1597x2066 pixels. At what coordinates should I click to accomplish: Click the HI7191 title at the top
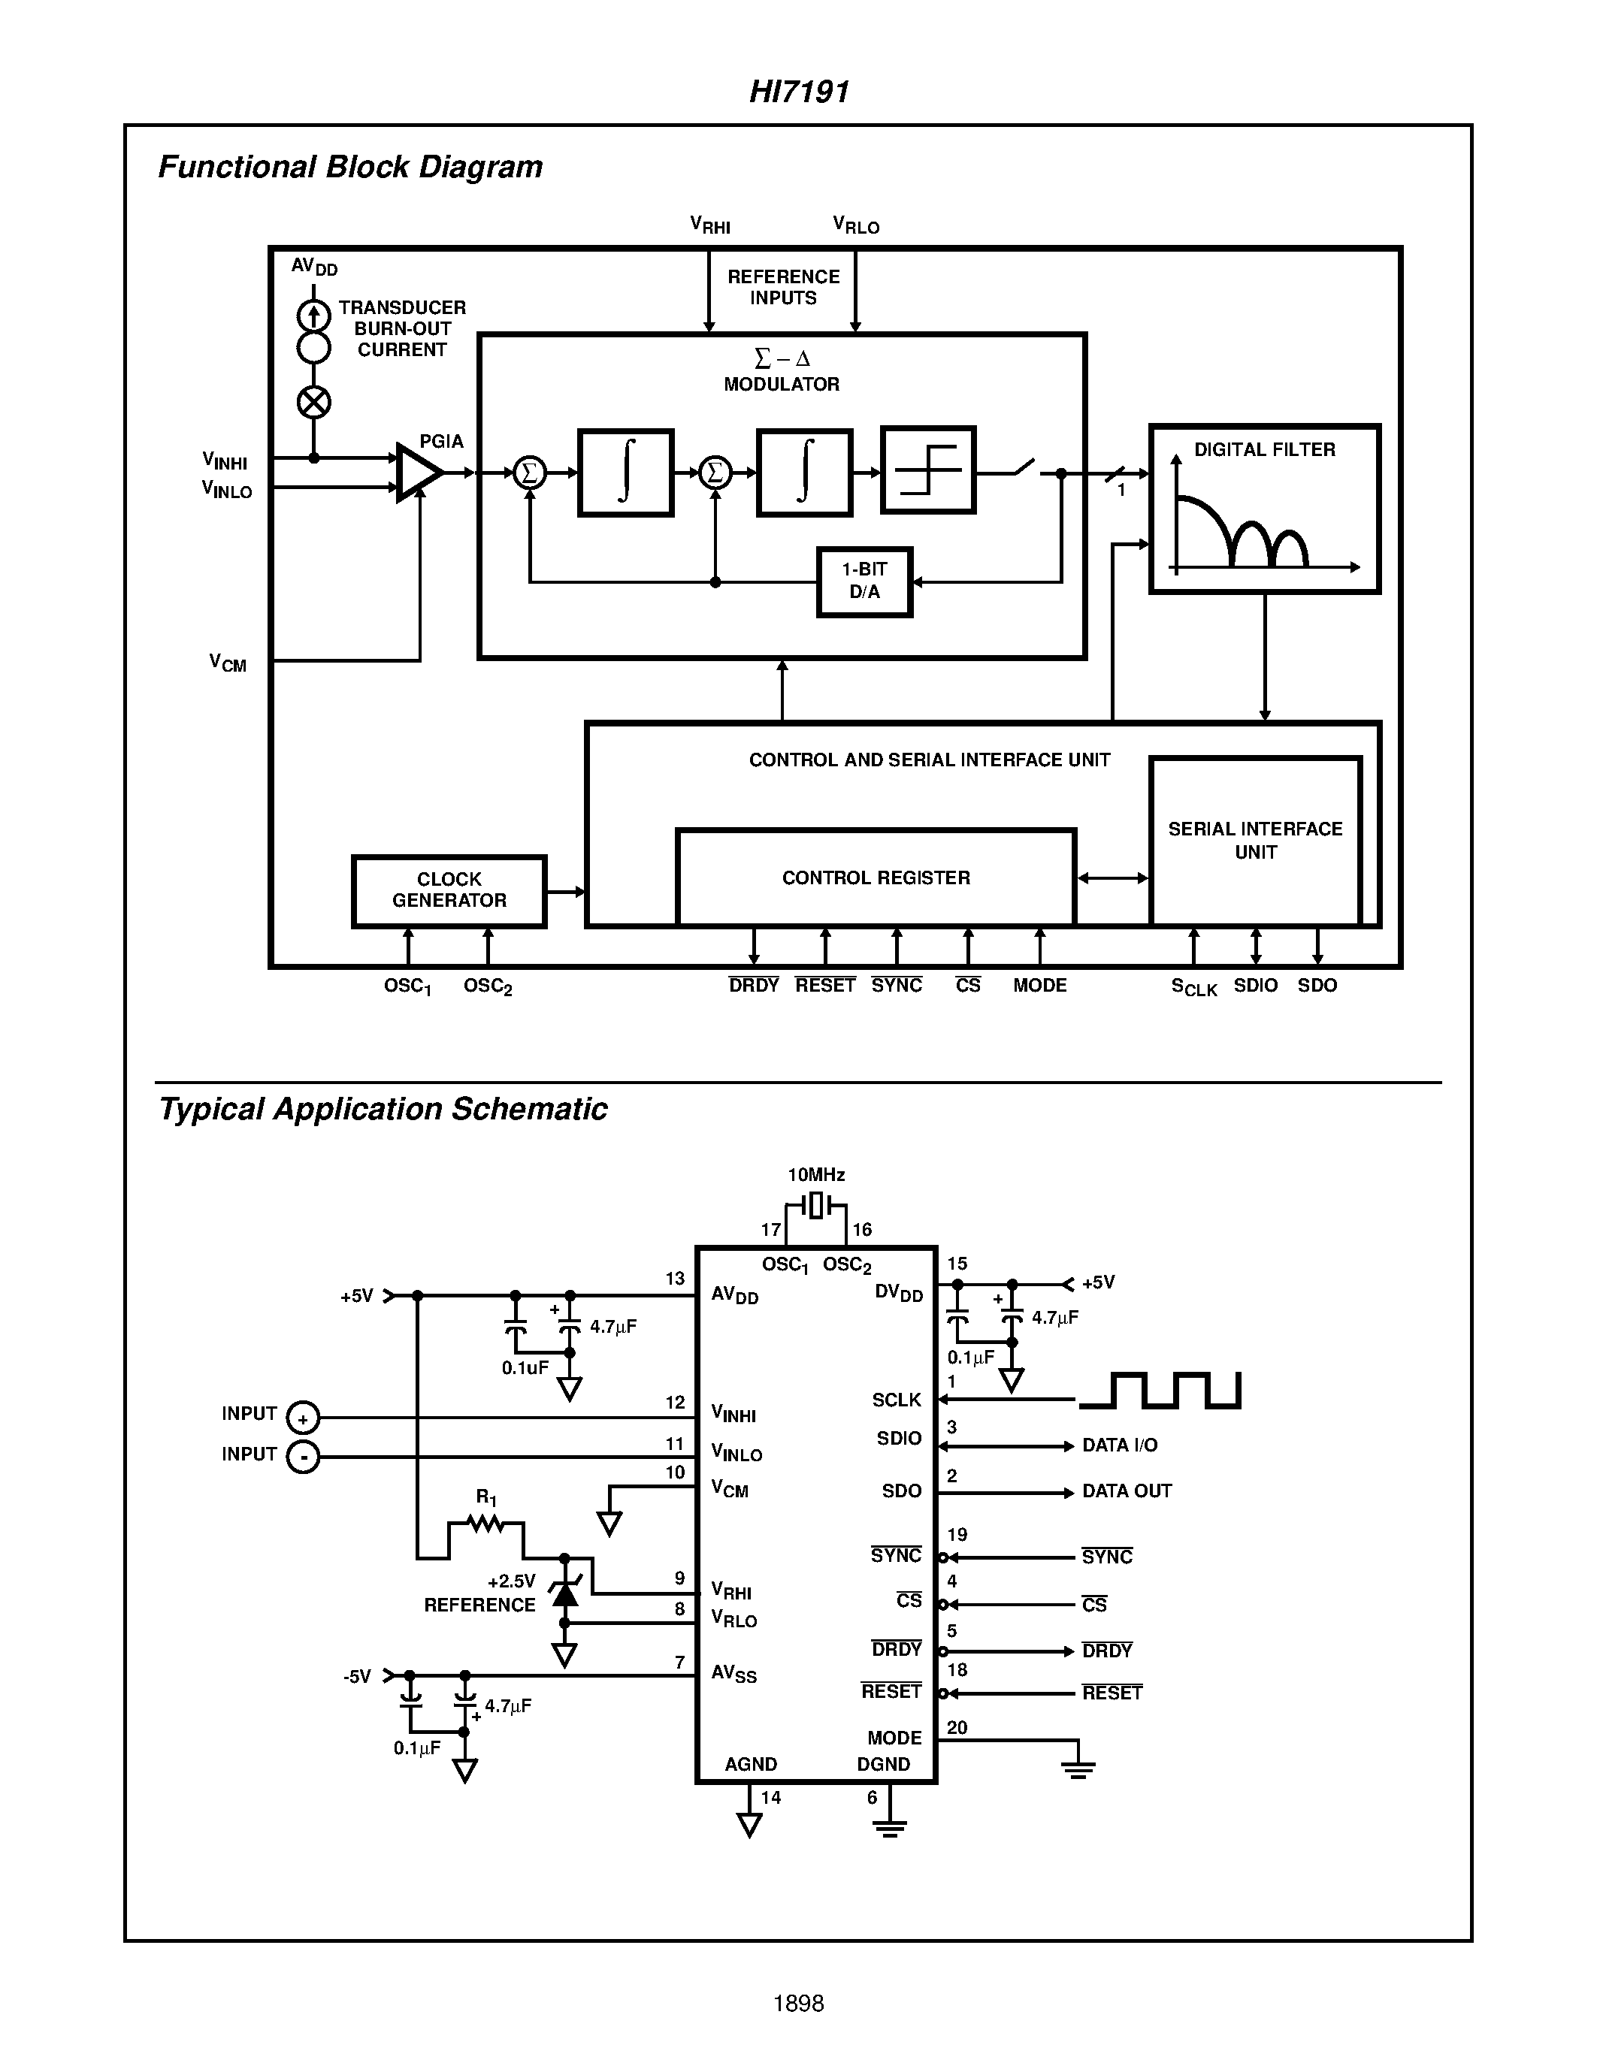point(798,92)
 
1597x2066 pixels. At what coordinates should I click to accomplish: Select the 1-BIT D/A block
point(864,581)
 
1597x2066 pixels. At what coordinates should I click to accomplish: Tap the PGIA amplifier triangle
point(417,472)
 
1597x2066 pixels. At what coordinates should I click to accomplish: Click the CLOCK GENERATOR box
point(449,890)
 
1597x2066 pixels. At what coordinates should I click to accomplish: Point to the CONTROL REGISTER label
point(875,877)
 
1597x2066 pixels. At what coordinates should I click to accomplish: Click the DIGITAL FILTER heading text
point(1264,450)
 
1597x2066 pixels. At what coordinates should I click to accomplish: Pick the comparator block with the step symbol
point(927,470)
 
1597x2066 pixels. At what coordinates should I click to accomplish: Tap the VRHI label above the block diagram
point(709,225)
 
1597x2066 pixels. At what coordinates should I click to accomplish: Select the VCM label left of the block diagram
point(228,662)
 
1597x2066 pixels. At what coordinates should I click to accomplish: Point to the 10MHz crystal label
point(815,1175)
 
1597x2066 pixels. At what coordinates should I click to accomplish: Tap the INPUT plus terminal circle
point(303,1418)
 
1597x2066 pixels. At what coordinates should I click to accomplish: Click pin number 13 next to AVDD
point(675,1279)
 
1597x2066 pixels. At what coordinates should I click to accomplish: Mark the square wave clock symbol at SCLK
point(1160,1391)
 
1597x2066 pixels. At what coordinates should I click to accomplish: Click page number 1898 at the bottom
point(798,2004)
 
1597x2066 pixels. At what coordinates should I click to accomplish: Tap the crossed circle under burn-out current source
point(314,403)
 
